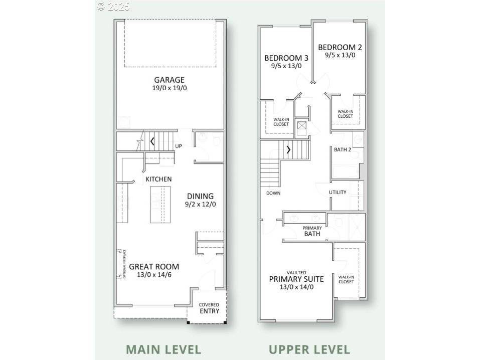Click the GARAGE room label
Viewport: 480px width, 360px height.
169,80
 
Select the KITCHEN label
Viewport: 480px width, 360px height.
158,179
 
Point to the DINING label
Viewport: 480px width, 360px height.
200,196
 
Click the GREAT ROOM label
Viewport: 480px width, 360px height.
154,267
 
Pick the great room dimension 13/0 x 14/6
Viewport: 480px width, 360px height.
154,275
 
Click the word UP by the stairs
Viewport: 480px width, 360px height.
178,147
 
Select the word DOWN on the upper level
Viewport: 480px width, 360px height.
273,193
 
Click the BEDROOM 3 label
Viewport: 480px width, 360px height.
286,58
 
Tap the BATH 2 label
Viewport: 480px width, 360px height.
343,149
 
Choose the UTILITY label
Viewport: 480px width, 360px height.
338,193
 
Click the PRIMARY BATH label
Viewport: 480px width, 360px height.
311,231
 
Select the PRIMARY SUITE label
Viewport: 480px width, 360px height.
296,279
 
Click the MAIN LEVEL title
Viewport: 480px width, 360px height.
163,349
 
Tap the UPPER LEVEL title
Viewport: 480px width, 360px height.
309,349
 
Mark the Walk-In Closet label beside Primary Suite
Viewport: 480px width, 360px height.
346,279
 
